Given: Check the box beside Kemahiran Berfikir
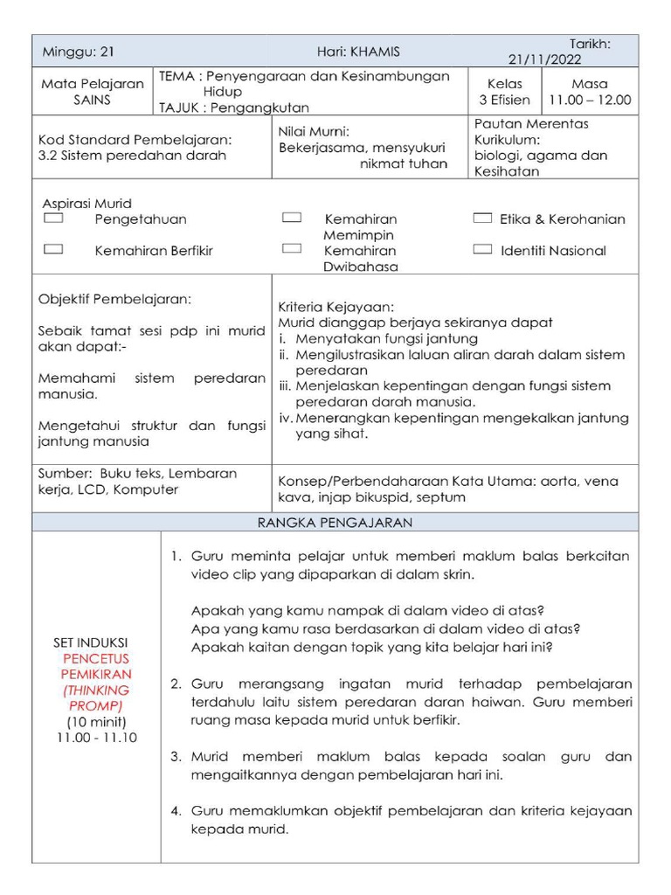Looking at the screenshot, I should pos(53,249).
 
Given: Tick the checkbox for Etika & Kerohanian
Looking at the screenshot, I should pos(482,219).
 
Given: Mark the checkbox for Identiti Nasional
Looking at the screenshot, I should pos(482,249).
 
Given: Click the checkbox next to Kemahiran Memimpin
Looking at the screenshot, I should pos(292,219).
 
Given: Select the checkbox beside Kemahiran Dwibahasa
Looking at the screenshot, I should pos(292,249).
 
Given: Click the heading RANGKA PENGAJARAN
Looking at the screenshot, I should pos(335,523).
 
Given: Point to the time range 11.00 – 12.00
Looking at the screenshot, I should pos(589,101).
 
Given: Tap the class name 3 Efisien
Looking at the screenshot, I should pos(505,101).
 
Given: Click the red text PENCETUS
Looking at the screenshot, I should pos(96,658).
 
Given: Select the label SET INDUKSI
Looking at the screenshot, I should pos(96,643).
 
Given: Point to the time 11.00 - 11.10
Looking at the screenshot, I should pos(96,737).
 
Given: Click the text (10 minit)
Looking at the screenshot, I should pos(96,721).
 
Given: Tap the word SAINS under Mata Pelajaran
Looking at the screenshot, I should pos(93,101).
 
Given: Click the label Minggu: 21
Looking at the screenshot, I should pos(79,52).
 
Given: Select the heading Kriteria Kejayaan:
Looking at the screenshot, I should pos(336,308).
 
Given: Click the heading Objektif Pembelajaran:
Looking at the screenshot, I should pos(114,299).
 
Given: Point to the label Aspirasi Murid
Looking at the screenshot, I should pos(86,204).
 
